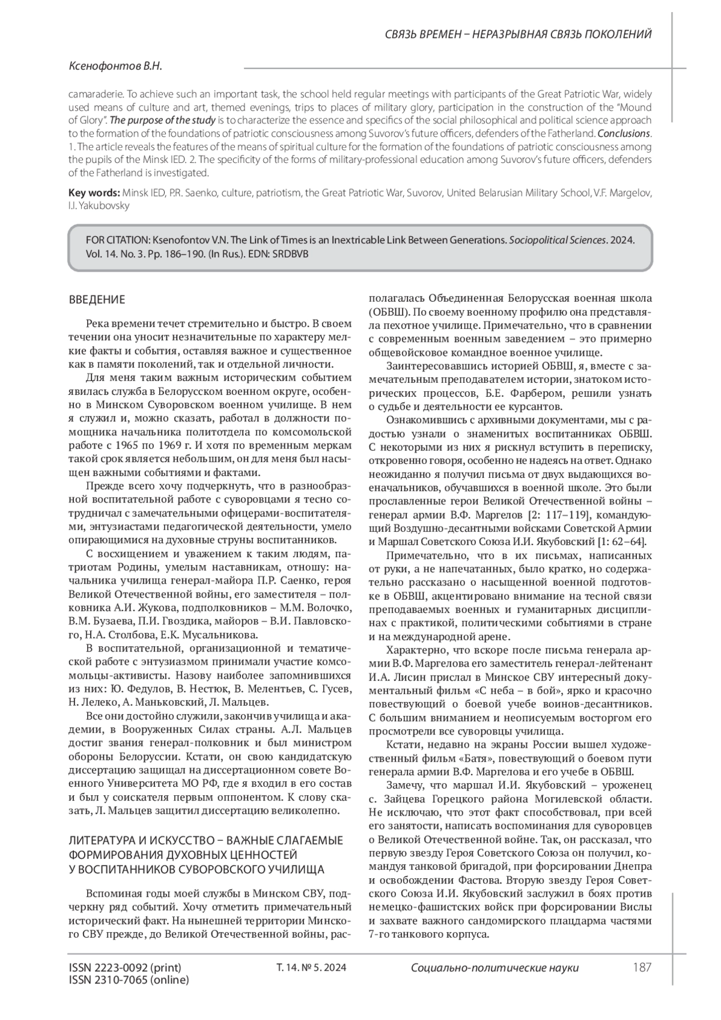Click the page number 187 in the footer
[642, 968]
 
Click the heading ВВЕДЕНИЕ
[97, 300]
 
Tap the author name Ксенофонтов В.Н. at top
[115, 67]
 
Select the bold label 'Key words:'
[94, 193]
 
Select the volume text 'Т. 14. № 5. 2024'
[311, 968]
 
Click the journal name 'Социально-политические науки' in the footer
[494, 968]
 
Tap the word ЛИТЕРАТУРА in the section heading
[103, 840]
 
